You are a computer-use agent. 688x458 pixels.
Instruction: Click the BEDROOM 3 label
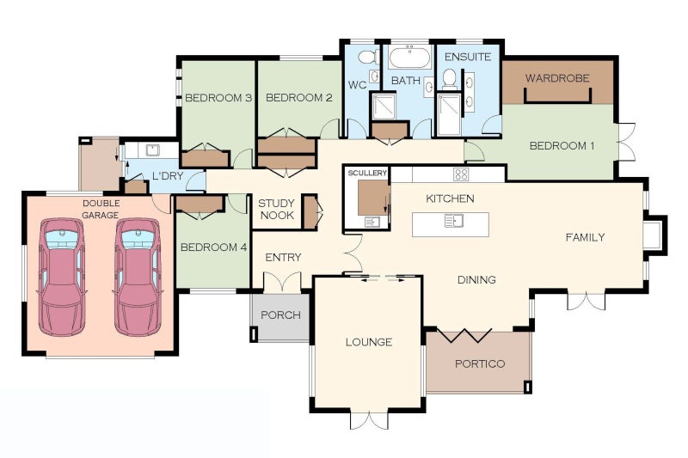pos(218,98)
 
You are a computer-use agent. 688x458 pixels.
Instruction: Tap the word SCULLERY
pos(367,173)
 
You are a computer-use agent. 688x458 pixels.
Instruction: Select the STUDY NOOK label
pos(276,209)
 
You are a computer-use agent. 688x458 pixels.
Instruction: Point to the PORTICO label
pos(480,363)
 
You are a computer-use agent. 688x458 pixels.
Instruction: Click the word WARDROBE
pos(557,78)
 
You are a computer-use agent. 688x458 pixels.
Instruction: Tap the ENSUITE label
pos(468,57)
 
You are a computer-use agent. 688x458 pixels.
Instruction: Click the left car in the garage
pos(61,277)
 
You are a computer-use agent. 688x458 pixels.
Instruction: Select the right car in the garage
pos(138,277)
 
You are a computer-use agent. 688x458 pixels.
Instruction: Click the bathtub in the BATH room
pos(410,58)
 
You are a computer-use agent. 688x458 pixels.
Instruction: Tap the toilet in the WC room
pos(368,57)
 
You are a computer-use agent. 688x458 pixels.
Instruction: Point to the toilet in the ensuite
pos(450,78)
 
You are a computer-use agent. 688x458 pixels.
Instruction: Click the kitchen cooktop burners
pos(461,174)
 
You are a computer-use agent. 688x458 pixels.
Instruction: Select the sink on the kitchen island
pos(454,221)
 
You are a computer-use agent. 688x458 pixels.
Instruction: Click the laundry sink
pos(153,150)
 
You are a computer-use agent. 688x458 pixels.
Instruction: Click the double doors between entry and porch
pos(283,282)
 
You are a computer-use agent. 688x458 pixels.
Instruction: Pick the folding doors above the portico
pos(464,335)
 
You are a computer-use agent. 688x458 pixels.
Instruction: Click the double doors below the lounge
pos(370,420)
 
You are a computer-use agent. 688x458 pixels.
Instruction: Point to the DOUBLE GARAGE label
pos(101,209)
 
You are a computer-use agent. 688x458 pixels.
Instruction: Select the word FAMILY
pos(585,237)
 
